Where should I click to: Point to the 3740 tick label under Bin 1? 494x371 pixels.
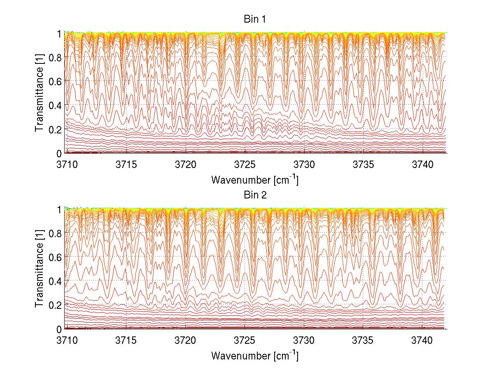423,164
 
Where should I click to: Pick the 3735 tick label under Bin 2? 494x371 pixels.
364,340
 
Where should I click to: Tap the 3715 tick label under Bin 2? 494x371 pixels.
126,340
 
